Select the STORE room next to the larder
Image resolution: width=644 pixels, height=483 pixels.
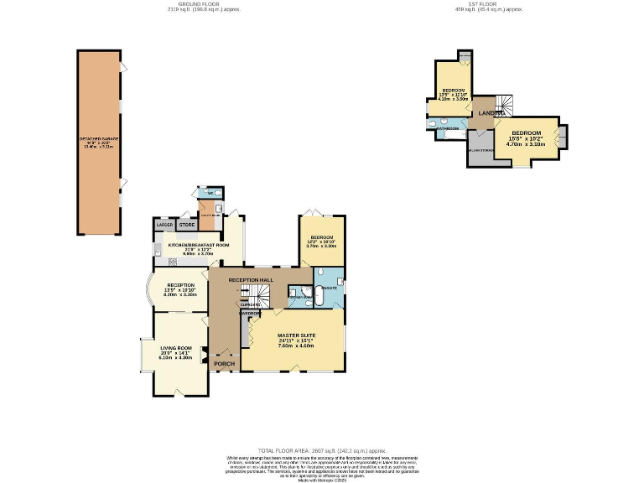click(185, 226)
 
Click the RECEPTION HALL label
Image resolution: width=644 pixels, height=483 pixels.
click(251, 279)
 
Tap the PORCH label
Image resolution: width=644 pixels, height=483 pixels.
click(223, 364)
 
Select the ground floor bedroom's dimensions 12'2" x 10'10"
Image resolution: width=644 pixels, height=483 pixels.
click(319, 246)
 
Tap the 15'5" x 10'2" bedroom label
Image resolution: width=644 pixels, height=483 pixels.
click(526, 138)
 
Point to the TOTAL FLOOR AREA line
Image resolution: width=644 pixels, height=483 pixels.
click(321, 450)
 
